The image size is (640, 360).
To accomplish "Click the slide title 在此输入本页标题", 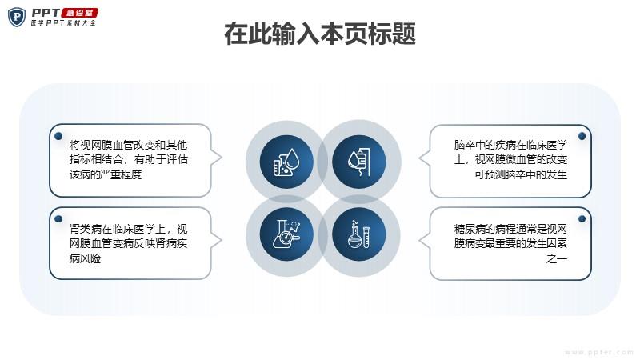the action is [x=320, y=34].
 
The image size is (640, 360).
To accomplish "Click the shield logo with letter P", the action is [x=17, y=17].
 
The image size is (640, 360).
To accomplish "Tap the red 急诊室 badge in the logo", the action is [x=79, y=13].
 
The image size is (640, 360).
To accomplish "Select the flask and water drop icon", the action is [x=286, y=162].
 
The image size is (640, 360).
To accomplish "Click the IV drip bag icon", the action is [x=359, y=162].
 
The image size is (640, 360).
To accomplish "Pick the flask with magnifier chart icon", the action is [x=286, y=234].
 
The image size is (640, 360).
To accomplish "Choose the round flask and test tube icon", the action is [x=359, y=234].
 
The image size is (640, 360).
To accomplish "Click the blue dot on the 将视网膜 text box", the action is [x=58, y=136].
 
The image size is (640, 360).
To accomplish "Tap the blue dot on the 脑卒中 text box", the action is [x=582, y=136].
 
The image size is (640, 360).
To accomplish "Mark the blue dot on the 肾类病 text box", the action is [x=58, y=218].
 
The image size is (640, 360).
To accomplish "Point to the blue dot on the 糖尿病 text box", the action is [x=582, y=218].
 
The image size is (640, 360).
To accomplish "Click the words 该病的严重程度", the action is [x=106, y=174].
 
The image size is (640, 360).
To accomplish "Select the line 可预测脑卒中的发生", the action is [x=521, y=174].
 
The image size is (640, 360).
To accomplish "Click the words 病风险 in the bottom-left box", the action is [x=85, y=258].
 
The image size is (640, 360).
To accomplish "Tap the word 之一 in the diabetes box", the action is [x=557, y=258].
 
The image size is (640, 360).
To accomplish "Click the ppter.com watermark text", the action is [x=599, y=352].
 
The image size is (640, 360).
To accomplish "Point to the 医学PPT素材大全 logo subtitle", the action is [x=63, y=23].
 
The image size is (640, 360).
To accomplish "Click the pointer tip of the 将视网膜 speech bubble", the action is [x=222, y=158].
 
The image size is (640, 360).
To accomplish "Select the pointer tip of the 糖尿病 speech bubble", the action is [x=419, y=241].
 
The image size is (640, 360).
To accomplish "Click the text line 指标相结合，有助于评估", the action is [x=129, y=159].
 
